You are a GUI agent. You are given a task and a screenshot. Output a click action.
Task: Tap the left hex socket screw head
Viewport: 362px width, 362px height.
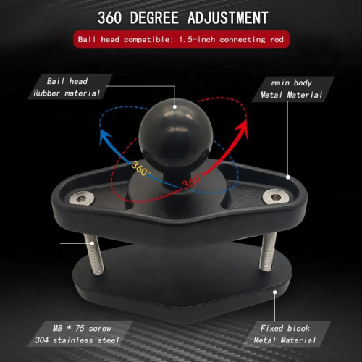(81, 198)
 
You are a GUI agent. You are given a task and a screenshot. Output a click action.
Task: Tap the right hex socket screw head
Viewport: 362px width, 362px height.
(276, 197)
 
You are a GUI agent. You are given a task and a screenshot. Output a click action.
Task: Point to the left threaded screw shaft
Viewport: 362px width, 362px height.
(94, 255)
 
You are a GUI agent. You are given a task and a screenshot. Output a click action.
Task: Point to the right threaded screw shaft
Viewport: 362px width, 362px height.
(268, 252)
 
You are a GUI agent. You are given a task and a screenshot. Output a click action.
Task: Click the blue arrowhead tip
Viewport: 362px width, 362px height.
(101, 130)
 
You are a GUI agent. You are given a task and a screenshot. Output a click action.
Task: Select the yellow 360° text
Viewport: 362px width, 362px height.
(142, 168)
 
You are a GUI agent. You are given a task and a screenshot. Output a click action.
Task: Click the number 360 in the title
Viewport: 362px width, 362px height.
(109, 17)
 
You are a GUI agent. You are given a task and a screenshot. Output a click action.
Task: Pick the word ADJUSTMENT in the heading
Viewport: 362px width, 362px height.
(227, 17)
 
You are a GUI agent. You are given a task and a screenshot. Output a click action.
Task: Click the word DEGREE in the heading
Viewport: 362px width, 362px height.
(154, 17)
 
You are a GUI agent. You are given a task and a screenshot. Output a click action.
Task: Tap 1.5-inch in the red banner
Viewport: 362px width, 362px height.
(197, 39)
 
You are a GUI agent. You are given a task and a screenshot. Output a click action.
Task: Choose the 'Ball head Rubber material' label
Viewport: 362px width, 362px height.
(67, 87)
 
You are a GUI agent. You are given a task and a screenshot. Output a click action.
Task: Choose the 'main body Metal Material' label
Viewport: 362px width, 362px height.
(291, 89)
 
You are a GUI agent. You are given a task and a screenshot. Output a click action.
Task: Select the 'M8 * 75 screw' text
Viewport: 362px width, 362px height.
(82, 328)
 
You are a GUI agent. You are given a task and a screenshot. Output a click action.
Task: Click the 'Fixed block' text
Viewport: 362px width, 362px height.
(285, 328)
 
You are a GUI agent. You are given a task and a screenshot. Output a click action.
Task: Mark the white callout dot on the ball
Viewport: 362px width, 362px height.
(174, 106)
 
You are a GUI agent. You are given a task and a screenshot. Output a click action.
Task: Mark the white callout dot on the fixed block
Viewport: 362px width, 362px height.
(274, 292)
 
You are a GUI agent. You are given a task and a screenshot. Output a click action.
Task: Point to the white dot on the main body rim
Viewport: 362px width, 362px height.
(288, 177)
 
